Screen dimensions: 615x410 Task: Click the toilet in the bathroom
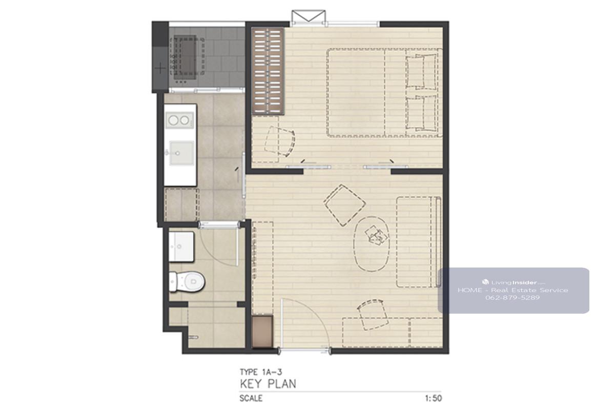tap(187, 281)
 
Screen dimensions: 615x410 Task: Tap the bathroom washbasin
tap(181, 247)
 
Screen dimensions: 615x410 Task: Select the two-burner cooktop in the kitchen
tap(180, 120)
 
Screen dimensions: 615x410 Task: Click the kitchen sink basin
tap(182, 153)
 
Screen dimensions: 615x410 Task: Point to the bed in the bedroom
tap(384, 93)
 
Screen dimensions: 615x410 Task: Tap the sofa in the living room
tap(419, 242)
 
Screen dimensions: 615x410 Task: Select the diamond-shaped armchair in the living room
tap(344, 205)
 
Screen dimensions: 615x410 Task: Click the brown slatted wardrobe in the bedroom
tap(268, 71)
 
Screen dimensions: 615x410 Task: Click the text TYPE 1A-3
tap(261, 372)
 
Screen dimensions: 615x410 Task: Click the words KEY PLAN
tap(268, 384)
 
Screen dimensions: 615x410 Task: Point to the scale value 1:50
tap(434, 398)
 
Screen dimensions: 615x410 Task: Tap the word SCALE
tap(251, 398)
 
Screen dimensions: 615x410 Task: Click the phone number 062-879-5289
tap(512, 298)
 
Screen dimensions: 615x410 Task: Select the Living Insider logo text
tap(514, 282)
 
